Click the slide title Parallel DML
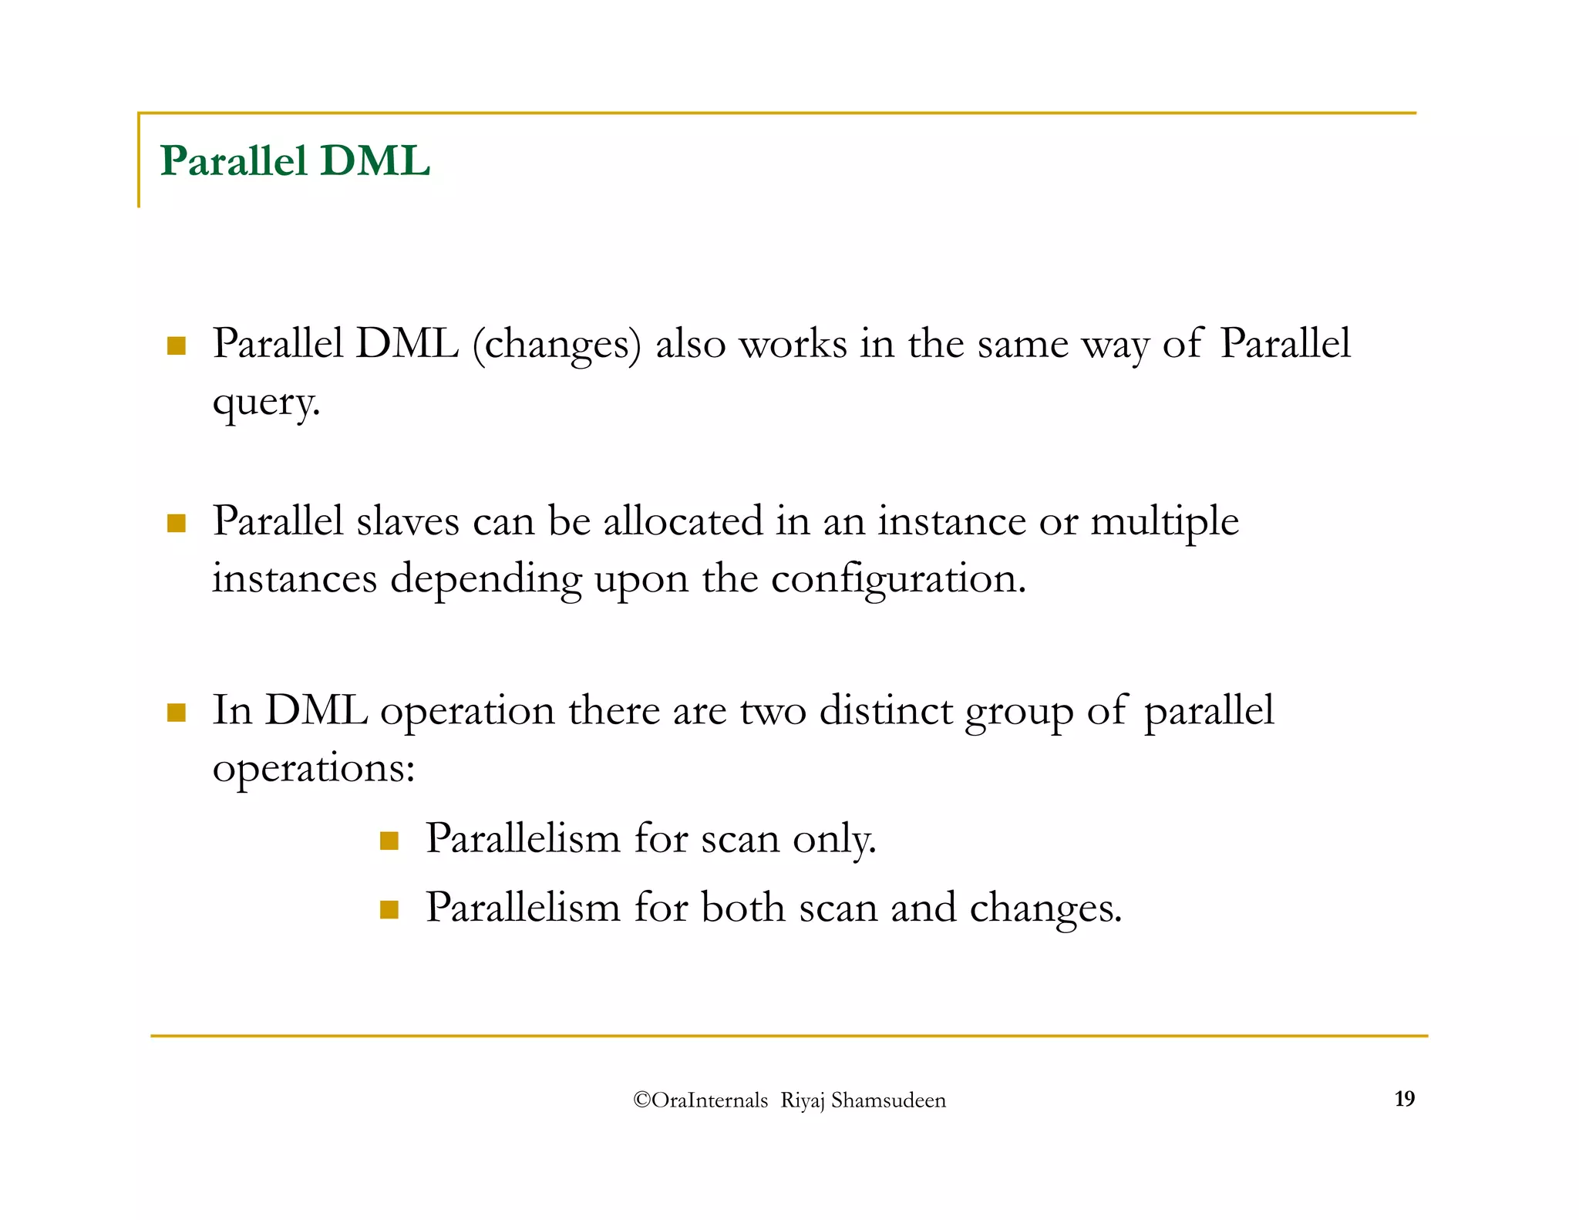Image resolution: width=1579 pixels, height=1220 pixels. click(295, 161)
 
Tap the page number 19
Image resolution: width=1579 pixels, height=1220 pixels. click(1404, 1099)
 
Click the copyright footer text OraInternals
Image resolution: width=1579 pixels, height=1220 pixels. click(701, 1100)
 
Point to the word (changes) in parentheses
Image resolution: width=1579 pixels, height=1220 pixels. click(557, 344)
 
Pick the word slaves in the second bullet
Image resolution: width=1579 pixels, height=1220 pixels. click(408, 521)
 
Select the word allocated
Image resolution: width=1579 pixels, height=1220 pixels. click(682, 521)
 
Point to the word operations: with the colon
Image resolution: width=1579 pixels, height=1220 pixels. click(314, 769)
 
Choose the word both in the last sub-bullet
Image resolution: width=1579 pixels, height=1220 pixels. click(742, 908)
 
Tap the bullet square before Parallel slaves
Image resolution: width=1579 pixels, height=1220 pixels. click(177, 524)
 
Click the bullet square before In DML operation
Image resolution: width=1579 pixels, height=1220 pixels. click(177, 713)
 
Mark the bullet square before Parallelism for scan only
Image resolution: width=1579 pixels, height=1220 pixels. click(389, 841)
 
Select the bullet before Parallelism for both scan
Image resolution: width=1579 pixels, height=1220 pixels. click(389, 910)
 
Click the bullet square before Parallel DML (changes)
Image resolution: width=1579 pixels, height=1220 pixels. click(177, 345)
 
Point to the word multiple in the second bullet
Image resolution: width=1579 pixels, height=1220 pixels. click(1164, 522)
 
